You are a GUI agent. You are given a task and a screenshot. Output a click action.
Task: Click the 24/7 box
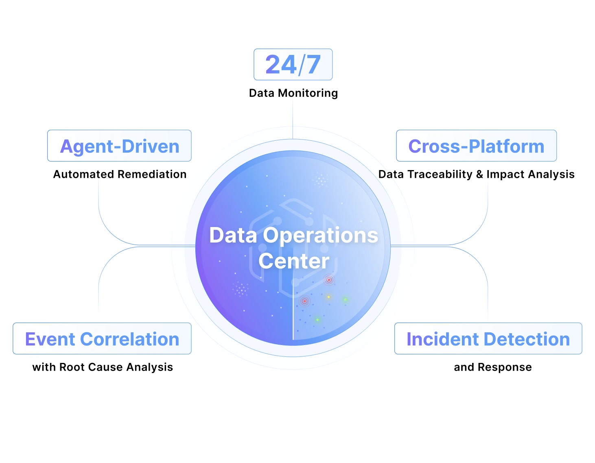point(293,64)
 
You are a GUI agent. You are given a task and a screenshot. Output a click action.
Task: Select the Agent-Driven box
point(119,146)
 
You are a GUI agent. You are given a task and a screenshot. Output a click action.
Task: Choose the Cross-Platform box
point(476,146)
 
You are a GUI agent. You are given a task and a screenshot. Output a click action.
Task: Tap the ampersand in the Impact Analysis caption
point(479,175)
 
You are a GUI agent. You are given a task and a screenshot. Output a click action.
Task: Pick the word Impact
point(505,175)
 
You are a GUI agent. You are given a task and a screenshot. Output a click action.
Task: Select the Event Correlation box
point(102,339)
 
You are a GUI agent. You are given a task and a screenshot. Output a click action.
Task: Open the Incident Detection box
point(488,339)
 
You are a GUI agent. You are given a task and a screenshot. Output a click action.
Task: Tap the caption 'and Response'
point(492,367)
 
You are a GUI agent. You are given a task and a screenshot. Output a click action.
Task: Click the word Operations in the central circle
point(321,236)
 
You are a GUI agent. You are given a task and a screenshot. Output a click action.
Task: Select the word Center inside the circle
point(294,261)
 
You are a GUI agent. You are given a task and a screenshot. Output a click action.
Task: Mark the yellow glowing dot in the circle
point(328,297)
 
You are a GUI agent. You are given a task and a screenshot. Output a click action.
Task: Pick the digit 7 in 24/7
point(313,64)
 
